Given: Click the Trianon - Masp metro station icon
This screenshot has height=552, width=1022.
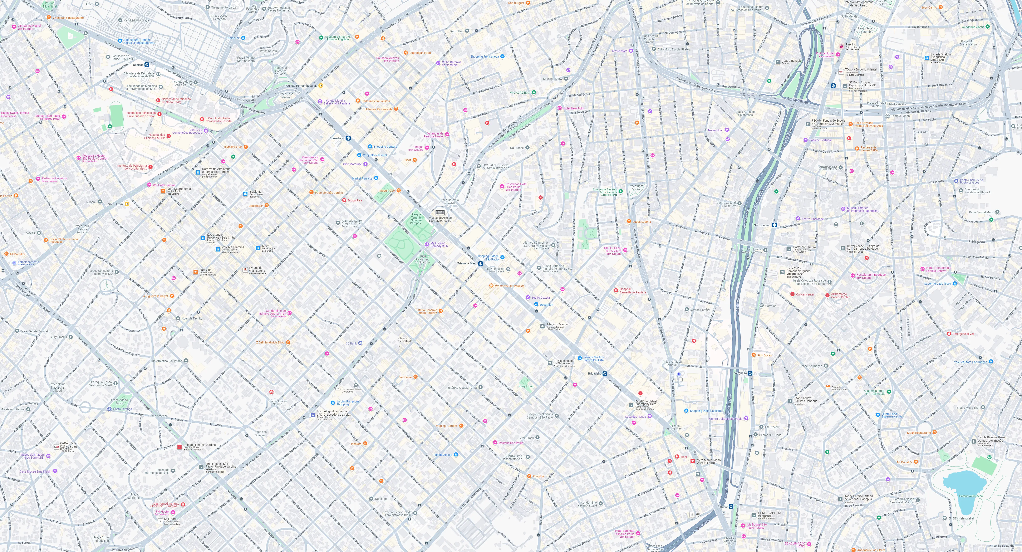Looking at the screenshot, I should [480, 264].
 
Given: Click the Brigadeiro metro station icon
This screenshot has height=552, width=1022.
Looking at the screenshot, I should [605, 373].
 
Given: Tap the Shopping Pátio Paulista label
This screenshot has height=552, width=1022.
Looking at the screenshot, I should [705, 411].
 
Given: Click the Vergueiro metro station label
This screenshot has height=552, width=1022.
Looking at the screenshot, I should [740, 373].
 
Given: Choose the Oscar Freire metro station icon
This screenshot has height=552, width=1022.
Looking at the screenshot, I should [127, 204].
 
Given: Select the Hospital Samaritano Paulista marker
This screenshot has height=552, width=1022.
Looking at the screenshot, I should [616, 290].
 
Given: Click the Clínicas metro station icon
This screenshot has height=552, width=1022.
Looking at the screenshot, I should [146, 65].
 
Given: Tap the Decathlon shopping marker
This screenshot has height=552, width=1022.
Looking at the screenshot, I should [536, 304].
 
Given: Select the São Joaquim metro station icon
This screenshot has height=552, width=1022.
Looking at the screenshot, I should [774, 225].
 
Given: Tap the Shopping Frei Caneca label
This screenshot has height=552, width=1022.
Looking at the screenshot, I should [485, 56].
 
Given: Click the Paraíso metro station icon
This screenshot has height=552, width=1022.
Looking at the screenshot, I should [731, 506].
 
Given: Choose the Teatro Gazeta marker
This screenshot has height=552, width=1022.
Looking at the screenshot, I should [528, 297].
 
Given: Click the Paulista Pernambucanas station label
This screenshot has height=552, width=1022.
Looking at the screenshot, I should [301, 86].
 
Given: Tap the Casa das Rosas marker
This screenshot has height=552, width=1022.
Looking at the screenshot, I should [649, 416].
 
